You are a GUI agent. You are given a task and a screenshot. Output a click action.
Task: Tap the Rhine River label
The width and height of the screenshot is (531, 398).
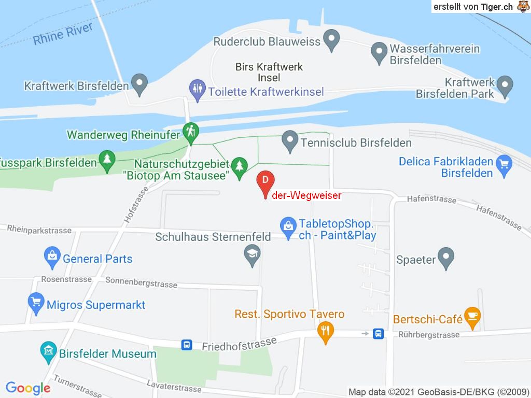click(x=63, y=34)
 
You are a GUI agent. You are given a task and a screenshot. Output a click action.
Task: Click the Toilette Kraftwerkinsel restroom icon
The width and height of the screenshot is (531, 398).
click(x=197, y=89)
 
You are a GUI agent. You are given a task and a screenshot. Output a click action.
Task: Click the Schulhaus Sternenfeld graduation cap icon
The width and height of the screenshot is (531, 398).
click(x=252, y=254)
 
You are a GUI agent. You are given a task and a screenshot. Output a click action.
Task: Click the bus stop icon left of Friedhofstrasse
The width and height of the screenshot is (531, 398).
click(x=186, y=344)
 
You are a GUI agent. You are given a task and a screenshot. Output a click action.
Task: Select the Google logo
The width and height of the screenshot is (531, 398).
click(x=28, y=388)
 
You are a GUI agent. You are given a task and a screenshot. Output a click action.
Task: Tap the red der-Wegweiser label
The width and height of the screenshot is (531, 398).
click(x=306, y=195)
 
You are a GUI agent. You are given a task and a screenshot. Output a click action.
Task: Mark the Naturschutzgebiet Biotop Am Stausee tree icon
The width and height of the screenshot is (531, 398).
click(x=239, y=166)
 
